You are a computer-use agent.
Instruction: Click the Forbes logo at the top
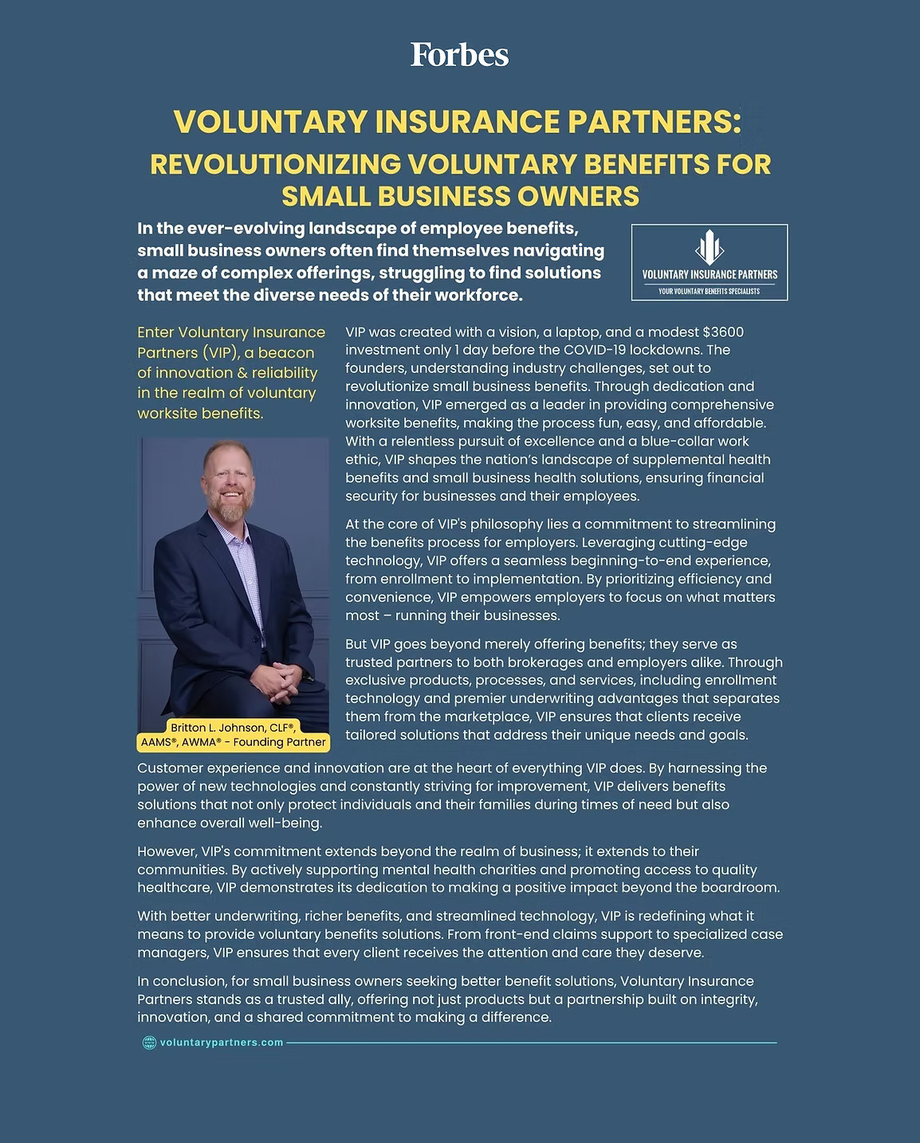click(x=459, y=55)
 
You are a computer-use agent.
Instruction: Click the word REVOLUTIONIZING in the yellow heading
click(x=275, y=164)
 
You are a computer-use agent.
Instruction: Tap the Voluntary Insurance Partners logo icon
click(x=709, y=247)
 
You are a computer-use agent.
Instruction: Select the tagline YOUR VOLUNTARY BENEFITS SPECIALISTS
click(x=709, y=292)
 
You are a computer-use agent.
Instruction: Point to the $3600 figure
click(x=723, y=332)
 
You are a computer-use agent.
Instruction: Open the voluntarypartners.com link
click(x=222, y=1043)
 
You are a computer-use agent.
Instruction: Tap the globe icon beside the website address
click(x=148, y=1043)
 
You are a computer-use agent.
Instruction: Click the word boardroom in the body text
click(x=738, y=888)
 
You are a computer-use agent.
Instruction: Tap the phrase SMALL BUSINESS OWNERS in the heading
click(x=461, y=196)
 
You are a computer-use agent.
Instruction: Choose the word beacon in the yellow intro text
click(x=286, y=352)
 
